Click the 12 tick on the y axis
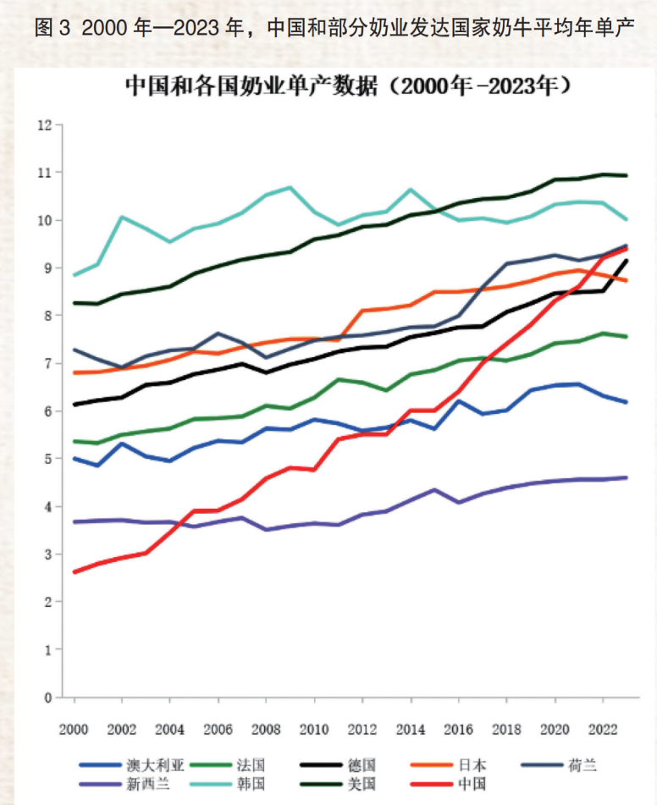(x=46, y=125)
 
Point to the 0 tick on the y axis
(x=49, y=697)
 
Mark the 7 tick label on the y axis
(x=49, y=364)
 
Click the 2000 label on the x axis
(x=75, y=729)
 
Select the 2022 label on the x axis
(x=603, y=729)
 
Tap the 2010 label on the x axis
(x=314, y=729)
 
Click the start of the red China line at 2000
(x=75, y=572)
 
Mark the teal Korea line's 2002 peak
(x=122, y=217)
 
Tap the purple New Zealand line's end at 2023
(x=627, y=477)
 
